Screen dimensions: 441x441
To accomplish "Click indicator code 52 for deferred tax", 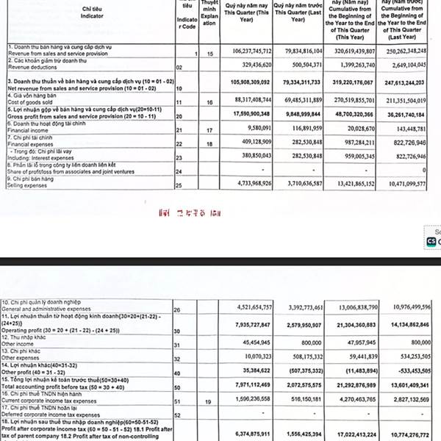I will tap(179, 416).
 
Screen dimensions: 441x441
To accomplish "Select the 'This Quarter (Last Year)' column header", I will tap(296, 14).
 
